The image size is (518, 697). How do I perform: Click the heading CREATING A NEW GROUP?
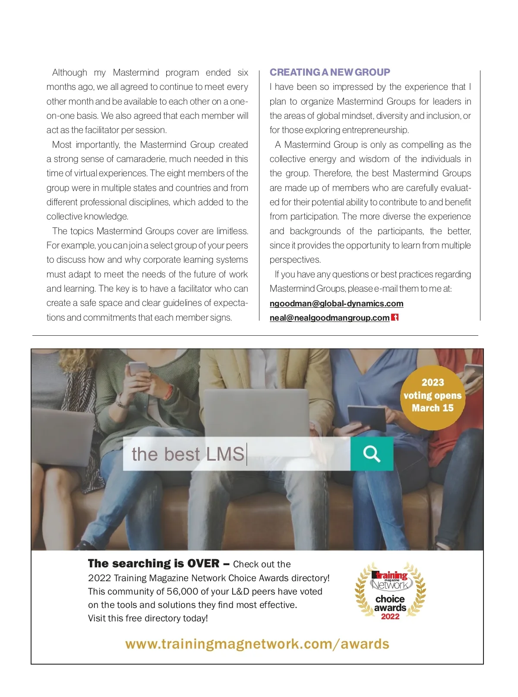330,72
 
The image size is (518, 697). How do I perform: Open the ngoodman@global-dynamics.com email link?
336,303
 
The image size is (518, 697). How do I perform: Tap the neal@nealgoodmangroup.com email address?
329,318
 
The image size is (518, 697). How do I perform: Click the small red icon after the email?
395,318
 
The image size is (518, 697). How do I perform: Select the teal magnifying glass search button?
372,454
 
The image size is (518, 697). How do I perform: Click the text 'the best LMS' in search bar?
188,454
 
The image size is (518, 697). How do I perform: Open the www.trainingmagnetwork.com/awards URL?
257,644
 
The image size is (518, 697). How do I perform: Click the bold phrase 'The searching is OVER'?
154,563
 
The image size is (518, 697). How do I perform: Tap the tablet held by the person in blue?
367,417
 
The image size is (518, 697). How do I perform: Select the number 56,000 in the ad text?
183,592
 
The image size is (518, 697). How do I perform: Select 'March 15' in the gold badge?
433,408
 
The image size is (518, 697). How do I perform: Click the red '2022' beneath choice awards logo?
390,617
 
